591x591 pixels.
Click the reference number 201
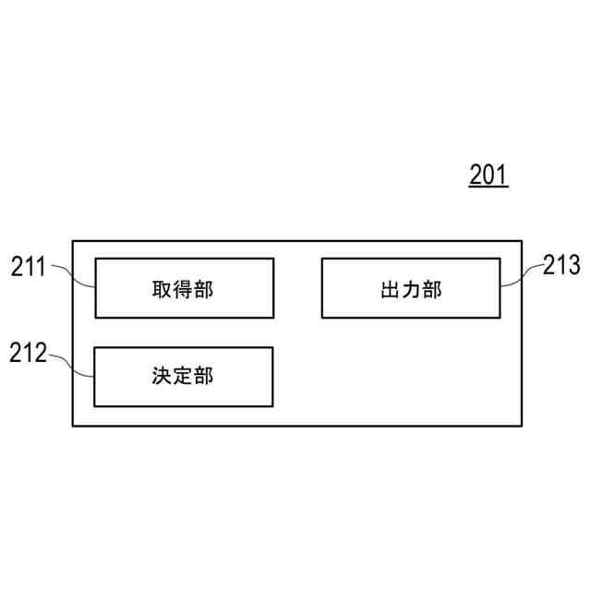pos(488,175)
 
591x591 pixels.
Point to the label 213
pos(561,267)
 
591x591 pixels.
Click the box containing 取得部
pos(185,288)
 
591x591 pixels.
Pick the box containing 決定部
pos(185,376)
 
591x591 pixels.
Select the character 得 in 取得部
pos(183,289)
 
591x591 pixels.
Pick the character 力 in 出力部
pos(411,289)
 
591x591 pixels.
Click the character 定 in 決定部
pos(183,377)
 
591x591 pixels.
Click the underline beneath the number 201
pos(488,187)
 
